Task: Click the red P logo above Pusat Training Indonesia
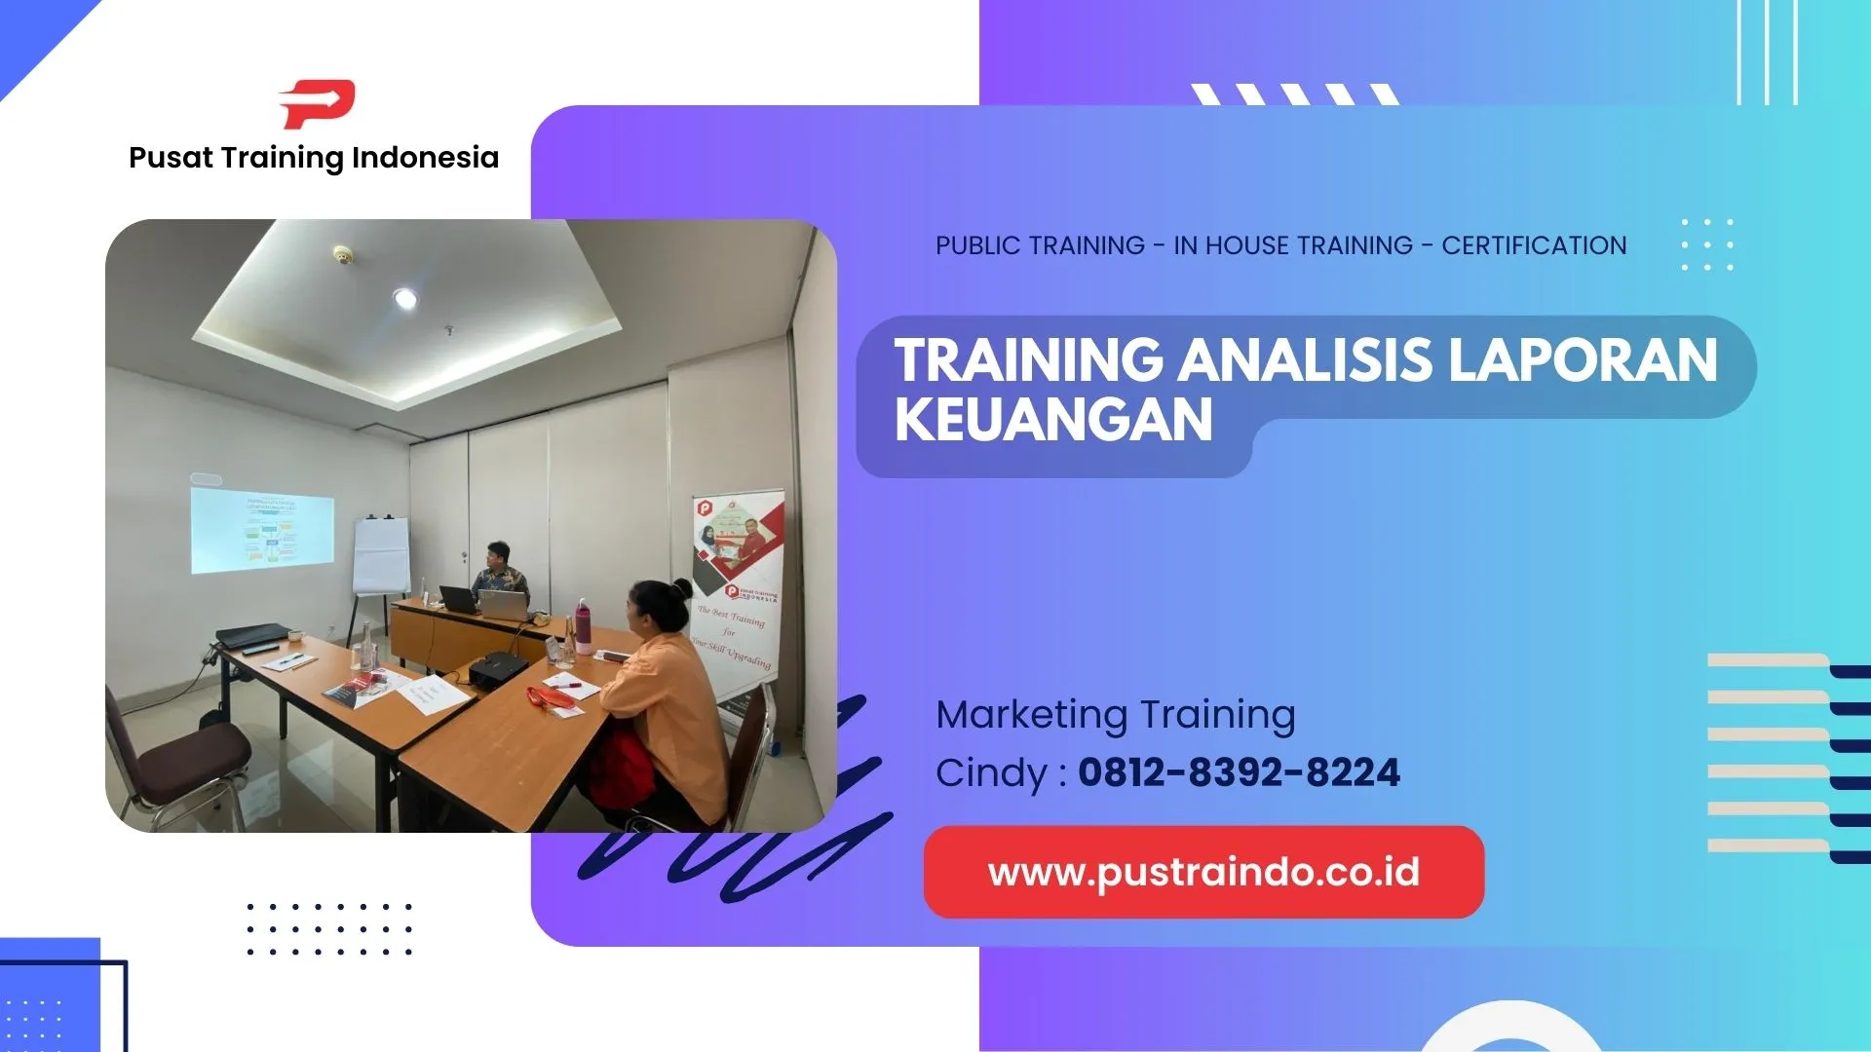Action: click(317, 103)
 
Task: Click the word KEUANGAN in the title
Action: click(1053, 420)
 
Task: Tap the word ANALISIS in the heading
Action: click(1306, 359)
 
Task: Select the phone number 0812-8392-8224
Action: click(1239, 773)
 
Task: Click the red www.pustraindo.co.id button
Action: click(1203, 872)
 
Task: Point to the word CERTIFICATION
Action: click(1534, 245)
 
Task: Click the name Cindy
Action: click(990, 773)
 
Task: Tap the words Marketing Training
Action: click(1116, 714)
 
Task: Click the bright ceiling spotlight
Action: click(405, 298)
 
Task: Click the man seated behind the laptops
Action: click(500, 575)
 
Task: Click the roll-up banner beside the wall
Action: click(739, 594)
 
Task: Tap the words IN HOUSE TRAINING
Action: click(1292, 245)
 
